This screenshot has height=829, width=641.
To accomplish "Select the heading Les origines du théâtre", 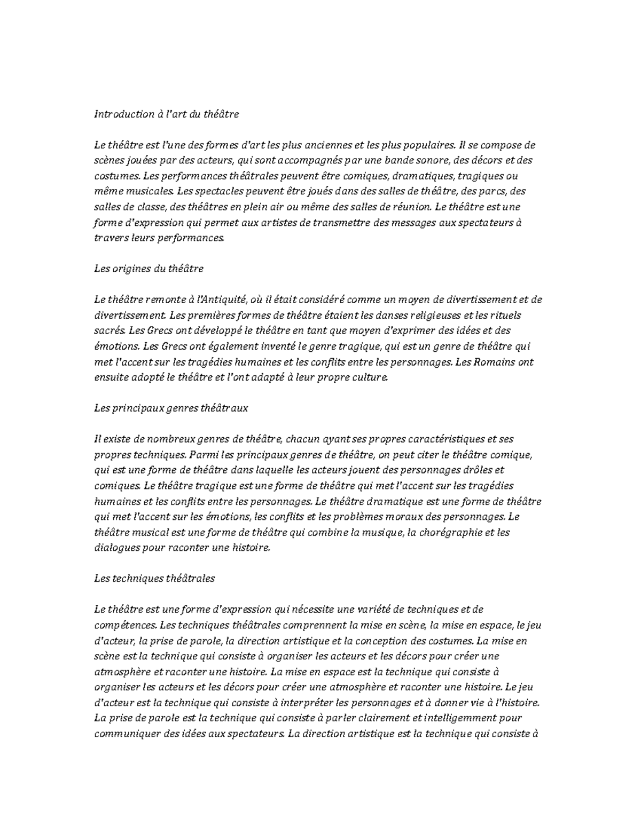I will pos(148,269).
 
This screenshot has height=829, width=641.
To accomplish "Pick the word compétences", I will pos(125,625).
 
